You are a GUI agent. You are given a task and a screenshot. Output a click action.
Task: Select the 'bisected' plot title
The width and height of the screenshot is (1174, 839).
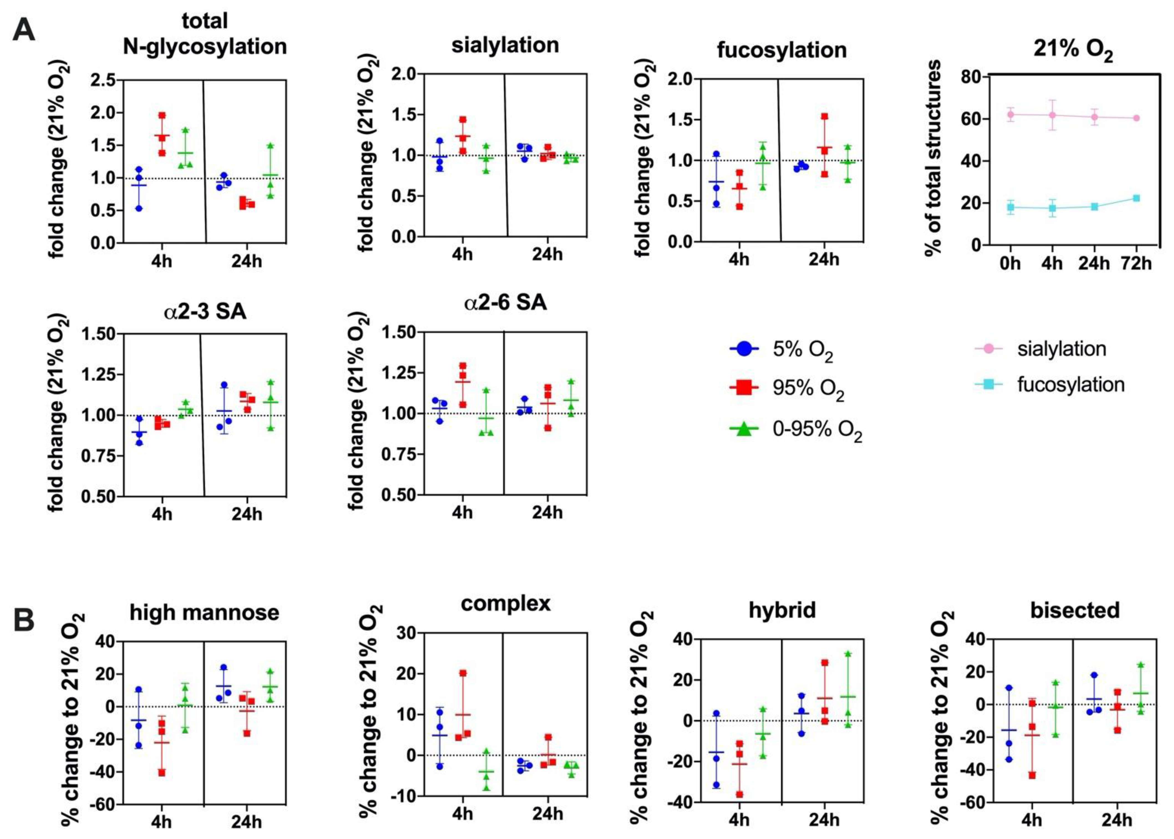tap(1075, 610)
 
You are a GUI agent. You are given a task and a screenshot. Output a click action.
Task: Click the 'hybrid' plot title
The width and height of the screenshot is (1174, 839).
tap(782, 610)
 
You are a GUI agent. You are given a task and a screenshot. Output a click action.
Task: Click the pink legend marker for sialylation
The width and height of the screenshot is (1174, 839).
tap(988, 349)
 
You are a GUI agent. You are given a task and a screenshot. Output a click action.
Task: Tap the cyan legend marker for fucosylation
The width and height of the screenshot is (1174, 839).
tap(988, 384)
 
